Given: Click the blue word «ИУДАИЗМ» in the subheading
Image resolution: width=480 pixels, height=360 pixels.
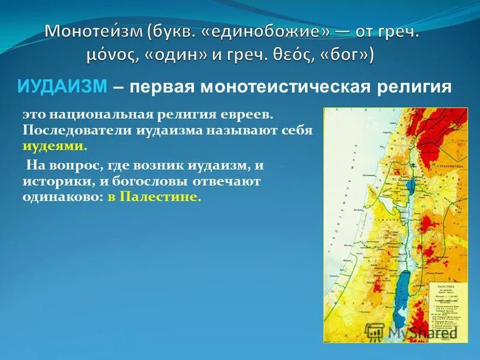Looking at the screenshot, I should (62, 88).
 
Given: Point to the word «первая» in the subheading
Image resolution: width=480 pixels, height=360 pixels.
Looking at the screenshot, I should (162, 88).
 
